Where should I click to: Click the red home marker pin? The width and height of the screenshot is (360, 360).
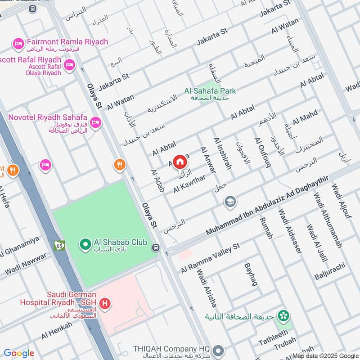coord(180,161)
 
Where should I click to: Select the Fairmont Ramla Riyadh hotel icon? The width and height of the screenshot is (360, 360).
coord(18,44)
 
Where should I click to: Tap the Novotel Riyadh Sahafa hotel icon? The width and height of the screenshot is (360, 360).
coord(95,122)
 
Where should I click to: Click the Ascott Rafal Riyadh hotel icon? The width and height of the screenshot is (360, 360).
coord(69,66)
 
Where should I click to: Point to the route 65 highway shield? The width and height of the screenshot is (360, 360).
coord(59,246)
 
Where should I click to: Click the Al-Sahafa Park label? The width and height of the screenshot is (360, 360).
coord(210,91)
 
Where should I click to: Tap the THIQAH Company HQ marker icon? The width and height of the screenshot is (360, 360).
coord(218,350)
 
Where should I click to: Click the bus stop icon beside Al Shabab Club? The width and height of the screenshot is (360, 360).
coord(156,247)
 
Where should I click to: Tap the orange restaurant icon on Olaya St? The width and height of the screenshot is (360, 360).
coord(119,165)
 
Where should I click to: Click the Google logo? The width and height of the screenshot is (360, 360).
coord(19,353)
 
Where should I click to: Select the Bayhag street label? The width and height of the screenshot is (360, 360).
coord(250,275)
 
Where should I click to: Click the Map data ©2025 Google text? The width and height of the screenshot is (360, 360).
coord(325,355)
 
